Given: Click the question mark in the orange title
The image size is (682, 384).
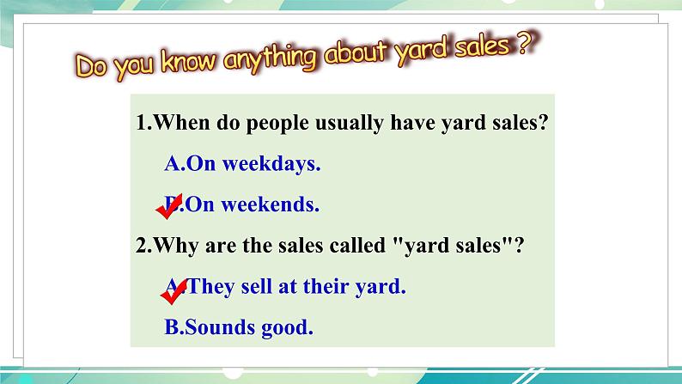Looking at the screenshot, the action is [527, 44].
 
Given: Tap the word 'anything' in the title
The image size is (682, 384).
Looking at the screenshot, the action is [270, 58].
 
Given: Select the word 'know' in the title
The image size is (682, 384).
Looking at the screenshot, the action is [188, 61].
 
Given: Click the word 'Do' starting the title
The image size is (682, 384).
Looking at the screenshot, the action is [91, 66].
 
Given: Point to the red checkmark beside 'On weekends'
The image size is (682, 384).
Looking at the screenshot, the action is [169, 206].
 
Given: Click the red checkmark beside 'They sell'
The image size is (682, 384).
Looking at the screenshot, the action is [174, 292].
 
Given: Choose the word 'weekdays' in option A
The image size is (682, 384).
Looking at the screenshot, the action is [271, 164].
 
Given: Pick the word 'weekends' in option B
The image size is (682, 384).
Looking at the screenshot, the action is [270, 204].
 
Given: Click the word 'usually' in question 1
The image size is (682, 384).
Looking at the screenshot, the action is [350, 124].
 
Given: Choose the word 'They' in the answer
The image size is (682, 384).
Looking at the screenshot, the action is [211, 287].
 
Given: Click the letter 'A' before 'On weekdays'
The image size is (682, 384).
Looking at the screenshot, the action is [173, 164].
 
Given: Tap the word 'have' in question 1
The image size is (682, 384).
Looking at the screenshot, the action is [413, 123].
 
